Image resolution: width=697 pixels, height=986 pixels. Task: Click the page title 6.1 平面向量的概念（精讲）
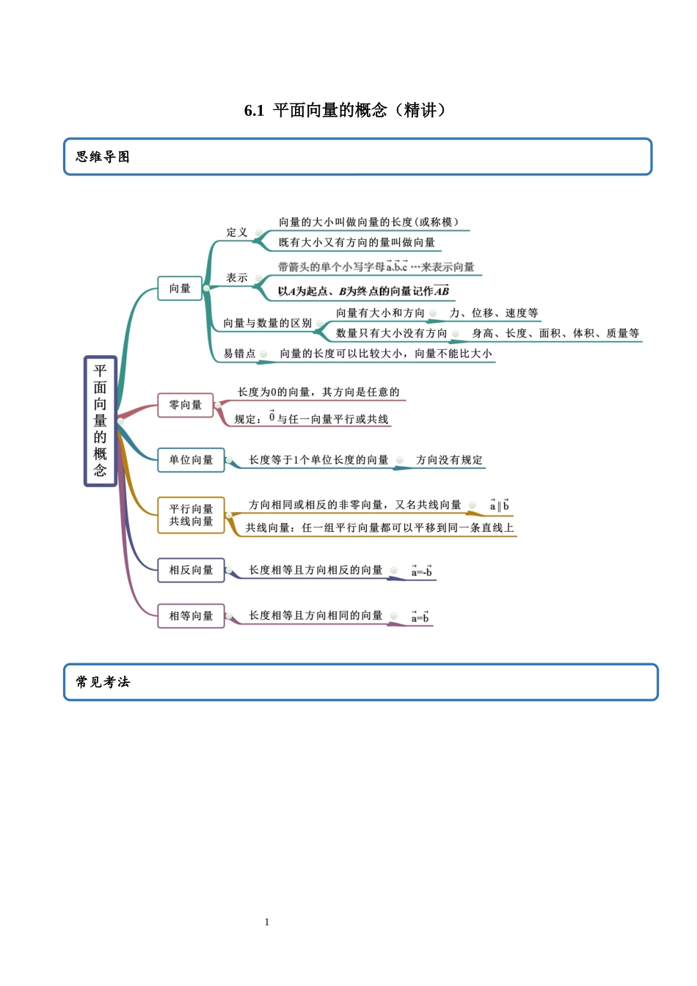point(345,111)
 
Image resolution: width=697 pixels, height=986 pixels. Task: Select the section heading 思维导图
point(103,157)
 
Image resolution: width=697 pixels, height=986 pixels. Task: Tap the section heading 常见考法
point(103,682)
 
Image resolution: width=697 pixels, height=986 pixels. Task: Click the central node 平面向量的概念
point(101,421)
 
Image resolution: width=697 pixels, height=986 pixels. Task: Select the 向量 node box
point(180,289)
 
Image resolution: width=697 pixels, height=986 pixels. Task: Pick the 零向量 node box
point(185,405)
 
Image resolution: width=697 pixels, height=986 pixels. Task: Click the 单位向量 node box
point(191,460)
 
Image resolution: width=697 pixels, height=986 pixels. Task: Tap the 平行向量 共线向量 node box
point(191,515)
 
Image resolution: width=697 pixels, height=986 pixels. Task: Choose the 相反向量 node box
point(191,570)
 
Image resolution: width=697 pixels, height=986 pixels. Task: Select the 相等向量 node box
point(191,616)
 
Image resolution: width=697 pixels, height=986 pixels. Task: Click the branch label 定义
point(237,233)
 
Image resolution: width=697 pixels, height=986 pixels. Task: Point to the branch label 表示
point(237,278)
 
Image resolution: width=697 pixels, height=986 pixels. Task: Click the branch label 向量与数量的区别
point(268,324)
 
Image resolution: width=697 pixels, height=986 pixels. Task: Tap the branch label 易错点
point(240,354)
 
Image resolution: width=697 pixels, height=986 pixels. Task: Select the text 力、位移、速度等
point(494,313)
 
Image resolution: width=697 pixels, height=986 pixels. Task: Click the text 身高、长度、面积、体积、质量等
point(555,334)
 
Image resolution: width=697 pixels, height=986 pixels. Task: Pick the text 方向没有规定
point(449,460)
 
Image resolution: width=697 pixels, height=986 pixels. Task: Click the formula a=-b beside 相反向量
point(421,571)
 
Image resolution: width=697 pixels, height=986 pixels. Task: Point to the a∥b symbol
point(499,505)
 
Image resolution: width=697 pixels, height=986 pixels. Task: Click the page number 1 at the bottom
point(267,922)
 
